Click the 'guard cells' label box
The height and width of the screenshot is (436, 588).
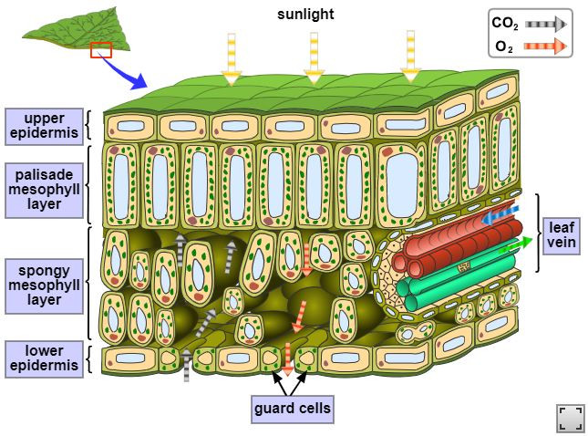[292, 408]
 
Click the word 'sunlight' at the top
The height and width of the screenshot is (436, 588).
[305, 14]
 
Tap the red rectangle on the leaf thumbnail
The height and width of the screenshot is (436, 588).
[100, 49]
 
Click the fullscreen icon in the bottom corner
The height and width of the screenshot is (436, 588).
[570, 418]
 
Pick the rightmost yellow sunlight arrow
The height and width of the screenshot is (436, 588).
[411, 57]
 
